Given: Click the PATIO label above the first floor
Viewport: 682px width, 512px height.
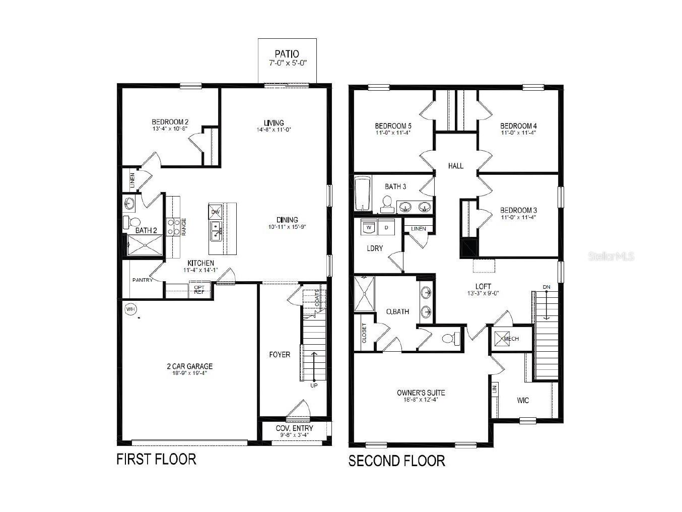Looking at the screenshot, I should (287, 54).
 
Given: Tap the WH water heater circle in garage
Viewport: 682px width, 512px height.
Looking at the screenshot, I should (130, 309).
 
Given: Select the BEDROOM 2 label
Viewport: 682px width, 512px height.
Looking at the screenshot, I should (170, 122).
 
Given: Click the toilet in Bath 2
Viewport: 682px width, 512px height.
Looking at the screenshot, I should (134, 222).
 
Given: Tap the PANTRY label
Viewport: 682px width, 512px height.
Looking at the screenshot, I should (142, 280).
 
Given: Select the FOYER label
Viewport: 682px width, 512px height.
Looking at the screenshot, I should (279, 355).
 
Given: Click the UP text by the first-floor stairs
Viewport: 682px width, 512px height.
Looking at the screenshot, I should (314, 386).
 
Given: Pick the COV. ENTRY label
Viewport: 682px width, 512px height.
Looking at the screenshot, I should (294, 428).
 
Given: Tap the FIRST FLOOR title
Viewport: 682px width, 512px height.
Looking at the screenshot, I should (156, 459).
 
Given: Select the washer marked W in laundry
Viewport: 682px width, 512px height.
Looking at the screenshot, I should (368, 228).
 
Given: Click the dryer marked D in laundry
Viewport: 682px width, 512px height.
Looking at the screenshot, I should (387, 228).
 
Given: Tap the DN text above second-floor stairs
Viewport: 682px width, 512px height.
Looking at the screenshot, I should (547, 287).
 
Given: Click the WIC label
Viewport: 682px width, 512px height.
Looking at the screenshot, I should (523, 401).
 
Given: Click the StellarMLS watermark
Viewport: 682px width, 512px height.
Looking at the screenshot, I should (611, 257).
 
